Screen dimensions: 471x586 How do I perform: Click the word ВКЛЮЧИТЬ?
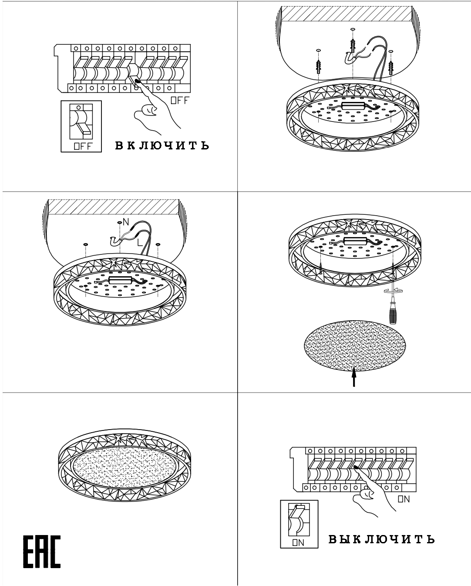[162, 146]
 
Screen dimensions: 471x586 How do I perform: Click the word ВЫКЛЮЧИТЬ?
[381, 539]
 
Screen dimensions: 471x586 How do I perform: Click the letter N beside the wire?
[126, 222]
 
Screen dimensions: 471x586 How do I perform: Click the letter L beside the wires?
[140, 242]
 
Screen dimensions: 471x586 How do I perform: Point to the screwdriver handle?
[393, 315]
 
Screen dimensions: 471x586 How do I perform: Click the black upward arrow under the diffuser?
[354, 377]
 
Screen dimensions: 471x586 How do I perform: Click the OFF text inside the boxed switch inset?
[83, 146]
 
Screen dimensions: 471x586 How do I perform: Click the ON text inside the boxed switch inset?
[298, 542]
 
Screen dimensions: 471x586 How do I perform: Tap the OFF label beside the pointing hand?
[180, 101]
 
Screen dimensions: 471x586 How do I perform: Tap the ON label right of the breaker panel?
[404, 499]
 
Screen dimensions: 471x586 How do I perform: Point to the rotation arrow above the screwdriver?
[393, 291]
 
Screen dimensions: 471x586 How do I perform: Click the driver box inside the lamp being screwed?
[355, 240]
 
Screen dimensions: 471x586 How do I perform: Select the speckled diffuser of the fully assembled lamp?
[124, 467]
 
